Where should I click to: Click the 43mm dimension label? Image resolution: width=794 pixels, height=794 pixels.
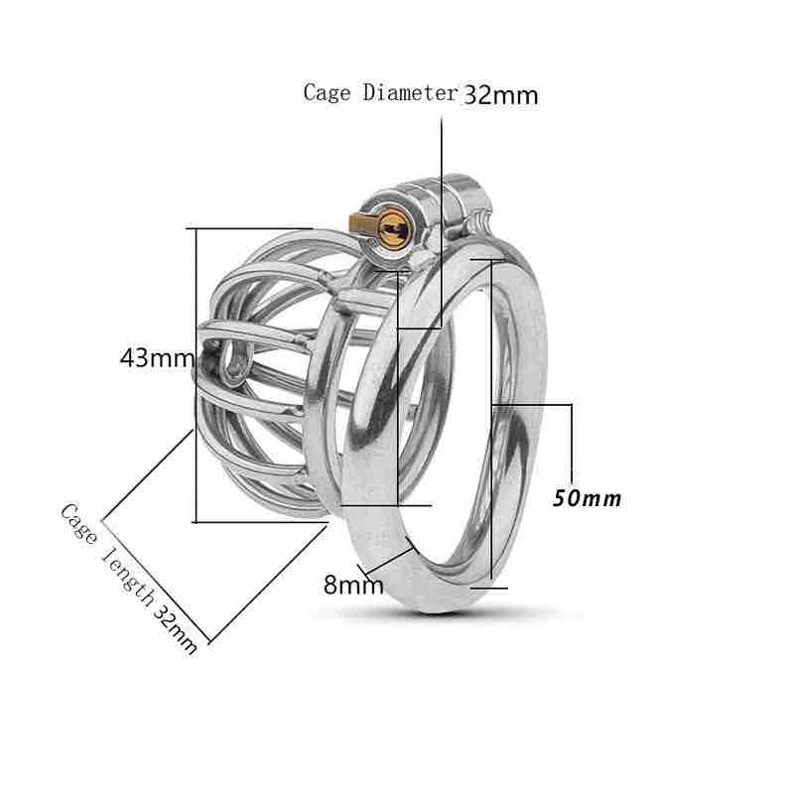(157, 358)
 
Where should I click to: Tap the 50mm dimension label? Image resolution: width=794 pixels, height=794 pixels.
(587, 498)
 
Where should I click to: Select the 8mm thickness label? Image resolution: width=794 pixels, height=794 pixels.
(353, 585)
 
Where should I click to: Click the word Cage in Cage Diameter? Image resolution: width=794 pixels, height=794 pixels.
(327, 92)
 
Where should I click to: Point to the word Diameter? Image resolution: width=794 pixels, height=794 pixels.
(410, 92)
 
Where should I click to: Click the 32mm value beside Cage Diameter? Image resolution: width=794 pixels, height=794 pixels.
(500, 95)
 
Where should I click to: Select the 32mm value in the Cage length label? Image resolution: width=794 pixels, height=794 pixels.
(176, 628)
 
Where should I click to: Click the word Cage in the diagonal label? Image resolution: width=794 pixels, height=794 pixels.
(79, 524)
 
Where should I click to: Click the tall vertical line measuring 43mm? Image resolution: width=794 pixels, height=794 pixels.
(196, 375)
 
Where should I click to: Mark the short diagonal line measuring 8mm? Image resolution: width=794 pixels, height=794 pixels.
(387, 557)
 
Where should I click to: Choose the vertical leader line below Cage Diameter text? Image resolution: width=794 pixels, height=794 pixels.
(442, 222)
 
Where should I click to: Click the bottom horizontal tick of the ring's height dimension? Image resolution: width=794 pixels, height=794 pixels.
(488, 588)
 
